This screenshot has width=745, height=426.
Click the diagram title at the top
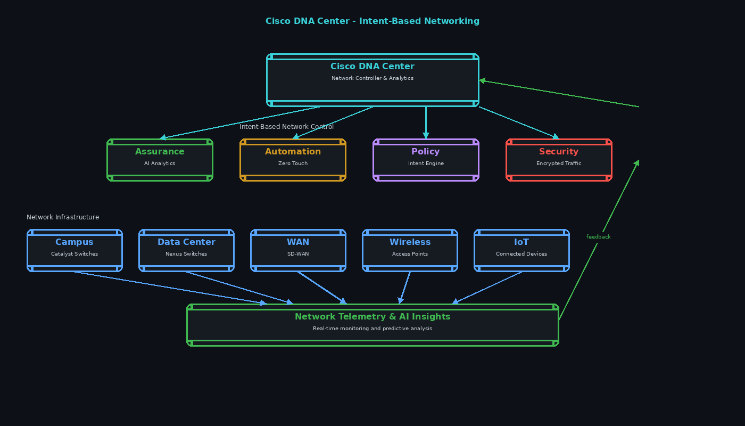pyautogui.click(x=372, y=21)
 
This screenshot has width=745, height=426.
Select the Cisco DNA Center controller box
pyautogui.click(x=372, y=80)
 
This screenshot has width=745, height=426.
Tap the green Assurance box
pyautogui.click(x=160, y=160)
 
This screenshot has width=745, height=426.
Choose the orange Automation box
pyautogui.click(x=293, y=160)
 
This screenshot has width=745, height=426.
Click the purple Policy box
pyautogui.click(x=426, y=160)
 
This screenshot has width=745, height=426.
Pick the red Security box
pyautogui.click(x=559, y=160)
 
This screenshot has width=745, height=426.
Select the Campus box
pyautogui.click(x=74, y=250)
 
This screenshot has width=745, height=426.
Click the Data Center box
pyautogui.click(x=186, y=250)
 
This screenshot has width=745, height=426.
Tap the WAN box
pyautogui.click(x=298, y=250)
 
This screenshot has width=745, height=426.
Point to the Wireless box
pyautogui.click(x=410, y=250)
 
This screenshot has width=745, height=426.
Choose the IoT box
pyautogui.click(x=521, y=250)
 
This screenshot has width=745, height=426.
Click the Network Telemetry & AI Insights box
pyautogui.click(x=372, y=325)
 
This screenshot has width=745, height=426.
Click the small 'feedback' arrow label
pyautogui.click(x=598, y=237)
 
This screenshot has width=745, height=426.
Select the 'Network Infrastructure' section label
pyautogui.click(x=63, y=217)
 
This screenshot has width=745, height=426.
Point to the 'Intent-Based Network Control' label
pyautogui.click(x=286, y=127)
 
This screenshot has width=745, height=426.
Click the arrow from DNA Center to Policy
pyautogui.click(x=426, y=122)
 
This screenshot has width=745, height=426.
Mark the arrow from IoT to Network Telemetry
pyautogui.click(x=487, y=288)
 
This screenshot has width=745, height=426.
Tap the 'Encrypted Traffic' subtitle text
pyautogui.click(x=559, y=163)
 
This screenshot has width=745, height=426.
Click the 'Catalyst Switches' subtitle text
pyautogui.click(x=74, y=254)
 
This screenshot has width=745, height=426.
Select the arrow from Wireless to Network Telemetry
pyautogui.click(x=405, y=288)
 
